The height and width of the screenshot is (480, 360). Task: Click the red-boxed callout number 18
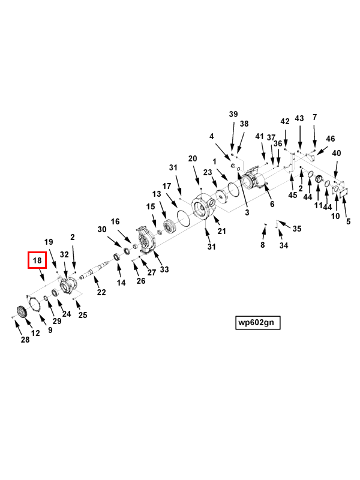37,260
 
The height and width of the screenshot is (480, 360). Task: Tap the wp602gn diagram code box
257,323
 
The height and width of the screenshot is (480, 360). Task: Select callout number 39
233,115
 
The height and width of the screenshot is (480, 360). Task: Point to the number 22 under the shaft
101,292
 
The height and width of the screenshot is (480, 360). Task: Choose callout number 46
331,139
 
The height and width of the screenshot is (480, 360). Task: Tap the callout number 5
349,221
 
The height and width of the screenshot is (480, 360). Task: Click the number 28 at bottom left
25,340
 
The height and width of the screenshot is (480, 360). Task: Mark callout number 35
297,229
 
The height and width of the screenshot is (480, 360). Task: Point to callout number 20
192,158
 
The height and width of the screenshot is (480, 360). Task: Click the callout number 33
164,270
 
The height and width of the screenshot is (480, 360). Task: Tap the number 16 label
115,221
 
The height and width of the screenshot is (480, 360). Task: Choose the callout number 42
285,122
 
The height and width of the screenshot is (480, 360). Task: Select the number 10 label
335,215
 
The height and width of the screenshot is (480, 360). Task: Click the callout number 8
262,245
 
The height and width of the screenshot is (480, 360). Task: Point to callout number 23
208,173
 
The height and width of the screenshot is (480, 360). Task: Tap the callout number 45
292,194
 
